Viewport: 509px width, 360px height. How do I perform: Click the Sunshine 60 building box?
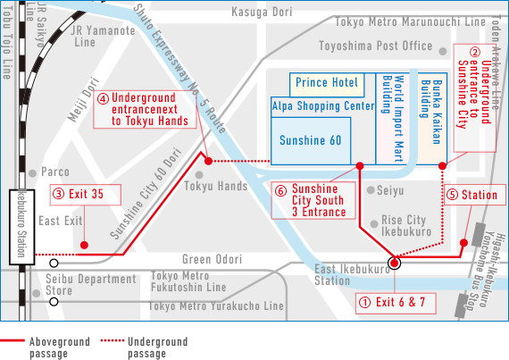coord(311,141)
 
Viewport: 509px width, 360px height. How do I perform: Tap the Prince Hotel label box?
coord(326,83)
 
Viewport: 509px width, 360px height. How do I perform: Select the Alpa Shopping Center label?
coord(321,105)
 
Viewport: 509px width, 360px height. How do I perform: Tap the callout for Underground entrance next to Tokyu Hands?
coord(144,109)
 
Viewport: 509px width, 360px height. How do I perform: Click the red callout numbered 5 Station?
coord(473,194)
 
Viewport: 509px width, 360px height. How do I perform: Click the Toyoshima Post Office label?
coord(388,46)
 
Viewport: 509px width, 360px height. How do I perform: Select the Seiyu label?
coord(389,190)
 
